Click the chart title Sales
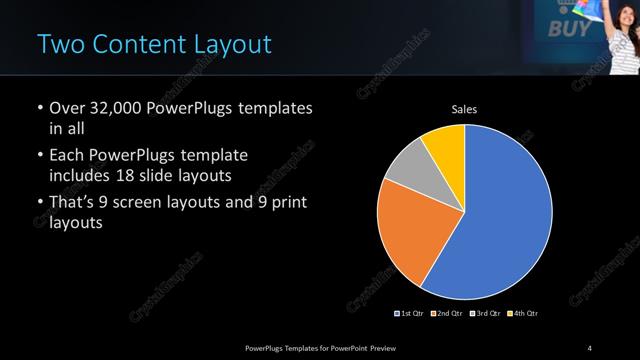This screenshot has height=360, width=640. (x=463, y=108)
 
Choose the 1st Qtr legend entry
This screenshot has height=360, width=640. (x=411, y=314)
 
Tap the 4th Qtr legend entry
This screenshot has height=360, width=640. (x=523, y=314)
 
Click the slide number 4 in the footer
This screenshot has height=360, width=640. (x=590, y=347)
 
